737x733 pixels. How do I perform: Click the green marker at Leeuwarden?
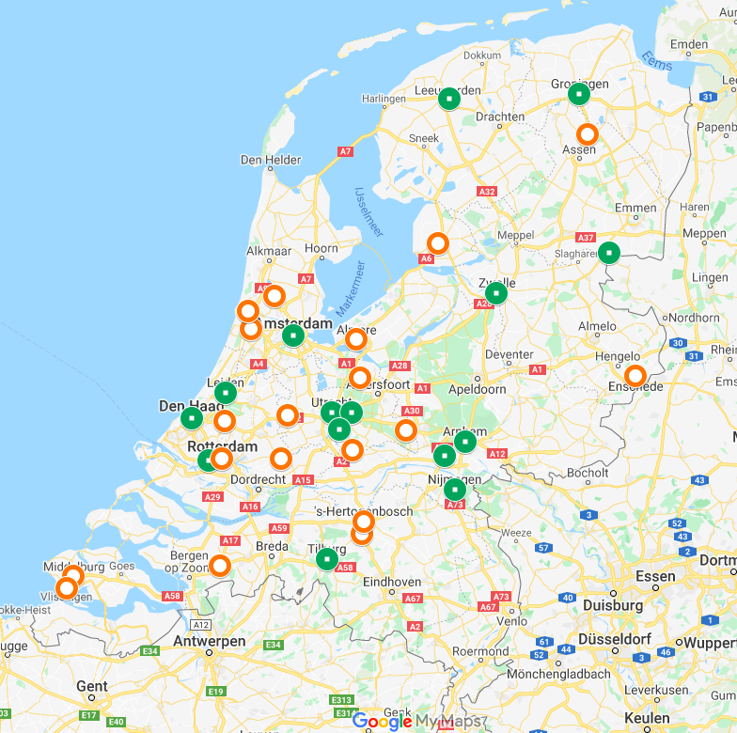[x=449, y=98]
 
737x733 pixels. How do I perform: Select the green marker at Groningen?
[x=579, y=94]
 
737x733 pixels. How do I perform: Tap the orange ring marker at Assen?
[x=588, y=134]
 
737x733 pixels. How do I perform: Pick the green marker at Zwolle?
[x=496, y=293]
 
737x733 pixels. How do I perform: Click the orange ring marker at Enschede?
[x=635, y=375]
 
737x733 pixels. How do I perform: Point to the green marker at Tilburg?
[x=326, y=560]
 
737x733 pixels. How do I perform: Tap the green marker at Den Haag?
[x=191, y=417]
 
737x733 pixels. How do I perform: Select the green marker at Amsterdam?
[x=293, y=335]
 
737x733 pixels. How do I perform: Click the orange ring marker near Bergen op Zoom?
[x=219, y=566]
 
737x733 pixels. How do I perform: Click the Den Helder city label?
[x=271, y=160]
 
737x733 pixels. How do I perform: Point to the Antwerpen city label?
[x=210, y=641]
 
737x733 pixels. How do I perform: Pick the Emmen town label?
[x=635, y=208]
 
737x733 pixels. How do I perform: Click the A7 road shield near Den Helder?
[x=346, y=150]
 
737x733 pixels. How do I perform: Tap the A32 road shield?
[x=487, y=192]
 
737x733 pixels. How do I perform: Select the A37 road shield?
[x=586, y=238]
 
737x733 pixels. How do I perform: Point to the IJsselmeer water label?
[x=369, y=212]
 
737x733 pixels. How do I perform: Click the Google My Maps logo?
[x=419, y=721]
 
